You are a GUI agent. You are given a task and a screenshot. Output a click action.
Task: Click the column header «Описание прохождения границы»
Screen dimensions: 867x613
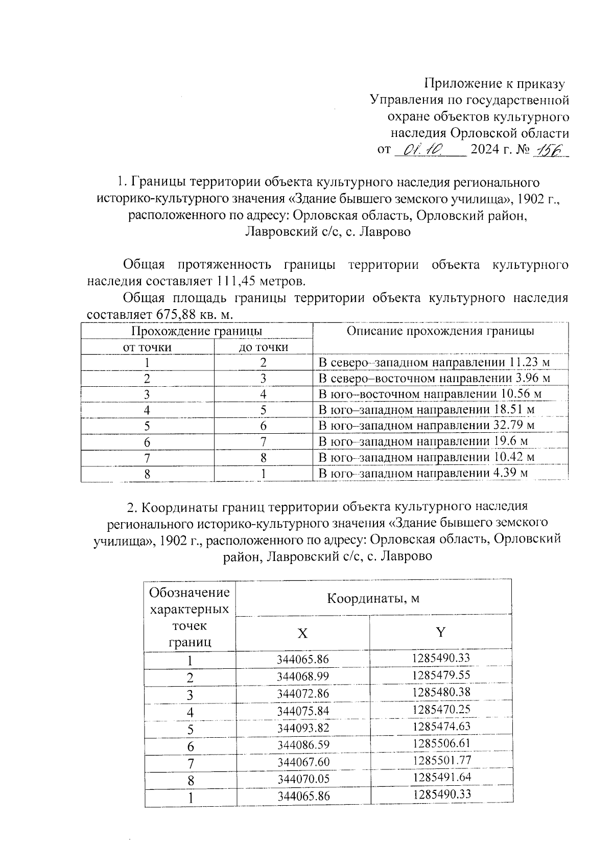(440, 331)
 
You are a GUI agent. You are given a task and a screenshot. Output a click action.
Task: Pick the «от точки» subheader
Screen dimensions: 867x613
(147, 347)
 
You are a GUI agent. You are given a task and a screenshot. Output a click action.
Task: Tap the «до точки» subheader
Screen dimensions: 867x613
(264, 347)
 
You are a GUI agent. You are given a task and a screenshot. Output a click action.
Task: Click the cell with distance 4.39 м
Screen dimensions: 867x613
(422, 473)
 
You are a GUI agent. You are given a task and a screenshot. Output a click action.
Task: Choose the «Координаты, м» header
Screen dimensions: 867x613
(373, 598)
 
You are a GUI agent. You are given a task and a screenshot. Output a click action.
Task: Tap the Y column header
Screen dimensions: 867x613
(440, 632)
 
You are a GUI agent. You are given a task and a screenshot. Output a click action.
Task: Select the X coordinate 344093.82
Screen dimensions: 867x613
(303, 728)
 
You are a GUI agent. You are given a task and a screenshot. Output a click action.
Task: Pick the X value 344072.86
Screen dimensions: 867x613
(303, 694)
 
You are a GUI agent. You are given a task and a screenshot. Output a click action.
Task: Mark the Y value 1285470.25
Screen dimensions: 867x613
(441, 709)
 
